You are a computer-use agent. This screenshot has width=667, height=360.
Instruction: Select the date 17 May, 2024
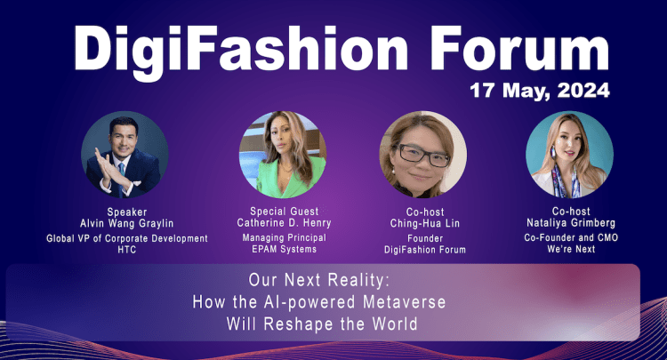(542, 91)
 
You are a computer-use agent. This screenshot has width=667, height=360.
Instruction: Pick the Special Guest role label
(283, 212)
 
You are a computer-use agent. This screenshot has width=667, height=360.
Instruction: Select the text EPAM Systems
(283, 252)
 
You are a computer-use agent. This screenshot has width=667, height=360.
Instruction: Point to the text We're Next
(569, 252)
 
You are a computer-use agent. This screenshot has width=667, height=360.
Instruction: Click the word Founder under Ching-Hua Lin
(423, 239)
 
